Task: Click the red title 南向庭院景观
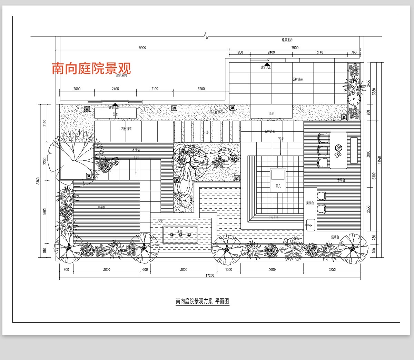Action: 91,68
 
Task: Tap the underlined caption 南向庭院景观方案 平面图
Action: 202,301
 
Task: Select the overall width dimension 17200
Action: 210,276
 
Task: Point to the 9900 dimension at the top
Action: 142,48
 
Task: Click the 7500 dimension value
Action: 295,48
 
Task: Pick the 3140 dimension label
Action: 319,52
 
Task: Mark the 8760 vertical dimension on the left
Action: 38,181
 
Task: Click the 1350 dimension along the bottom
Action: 229,270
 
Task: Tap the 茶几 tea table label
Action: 278,186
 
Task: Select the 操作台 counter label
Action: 310,203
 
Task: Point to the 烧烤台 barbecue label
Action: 335,237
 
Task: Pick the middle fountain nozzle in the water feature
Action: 180,235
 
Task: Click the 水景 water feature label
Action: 160,221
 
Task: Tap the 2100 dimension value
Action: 155,89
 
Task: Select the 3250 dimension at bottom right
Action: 332,270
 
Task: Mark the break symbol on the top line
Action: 206,36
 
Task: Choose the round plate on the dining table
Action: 338,148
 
